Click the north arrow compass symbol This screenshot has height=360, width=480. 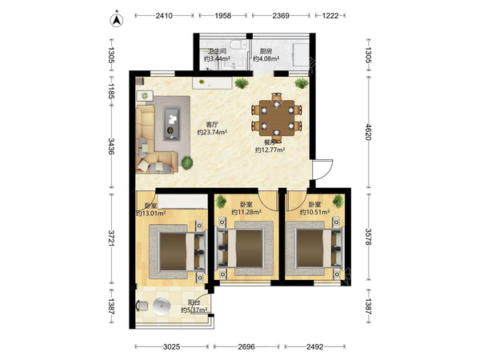[x=117, y=20]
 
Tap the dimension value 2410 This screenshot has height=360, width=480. [x=164, y=16]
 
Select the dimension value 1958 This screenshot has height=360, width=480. [x=222, y=16]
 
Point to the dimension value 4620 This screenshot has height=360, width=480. [x=368, y=132]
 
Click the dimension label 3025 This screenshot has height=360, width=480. [x=171, y=346]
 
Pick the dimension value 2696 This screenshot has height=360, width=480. [x=246, y=346]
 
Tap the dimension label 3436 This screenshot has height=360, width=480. [x=111, y=146]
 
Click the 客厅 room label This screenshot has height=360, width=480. [x=212, y=125]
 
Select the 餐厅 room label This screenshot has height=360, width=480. [x=270, y=142]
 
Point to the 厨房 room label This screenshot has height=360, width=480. [x=266, y=51]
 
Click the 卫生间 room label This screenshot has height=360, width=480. [x=217, y=51]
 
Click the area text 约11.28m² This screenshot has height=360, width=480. [x=246, y=212]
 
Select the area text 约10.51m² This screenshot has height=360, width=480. [x=314, y=212]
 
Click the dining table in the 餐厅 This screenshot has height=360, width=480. [x=277, y=118]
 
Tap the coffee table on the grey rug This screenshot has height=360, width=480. [x=172, y=123]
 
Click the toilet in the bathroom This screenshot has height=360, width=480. [x=238, y=45]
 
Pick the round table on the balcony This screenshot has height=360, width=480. [x=162, y=306]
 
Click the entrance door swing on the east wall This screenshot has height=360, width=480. [x=322, y=170]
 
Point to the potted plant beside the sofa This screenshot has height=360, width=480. [x=187, y=162]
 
